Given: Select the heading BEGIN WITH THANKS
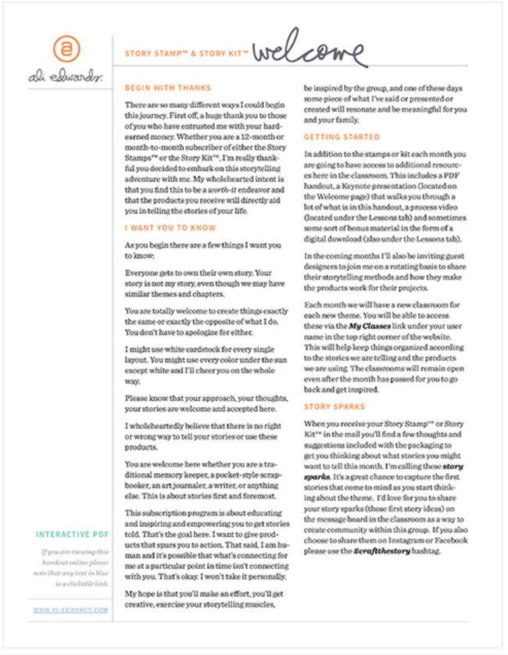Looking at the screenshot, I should tap(167, 88).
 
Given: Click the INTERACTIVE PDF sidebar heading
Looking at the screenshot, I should tap(70, 535).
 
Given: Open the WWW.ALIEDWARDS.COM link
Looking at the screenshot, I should tap(71, 609).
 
